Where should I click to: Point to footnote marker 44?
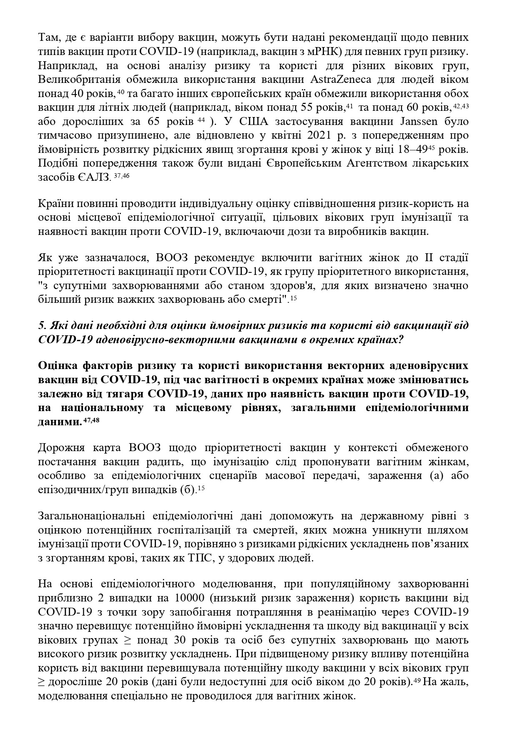click(201, 120)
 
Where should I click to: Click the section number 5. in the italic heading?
click(41, 325)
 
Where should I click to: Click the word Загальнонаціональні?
click(91, 516)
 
